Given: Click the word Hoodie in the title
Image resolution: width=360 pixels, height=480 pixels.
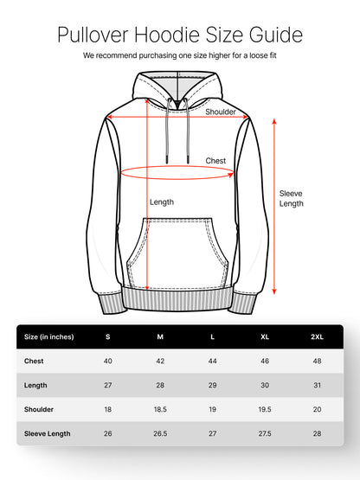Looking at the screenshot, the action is pos(167,35).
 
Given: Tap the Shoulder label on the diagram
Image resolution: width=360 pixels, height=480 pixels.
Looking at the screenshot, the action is pos(221,112).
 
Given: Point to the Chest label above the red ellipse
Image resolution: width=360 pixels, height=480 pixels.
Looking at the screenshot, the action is pos(215,161).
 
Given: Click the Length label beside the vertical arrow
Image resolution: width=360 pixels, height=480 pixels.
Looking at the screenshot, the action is pos(162,202).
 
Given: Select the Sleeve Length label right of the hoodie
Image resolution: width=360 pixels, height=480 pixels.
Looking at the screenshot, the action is pos(291,198).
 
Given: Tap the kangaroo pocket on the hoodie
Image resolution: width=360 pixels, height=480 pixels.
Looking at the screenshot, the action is pos(177,253).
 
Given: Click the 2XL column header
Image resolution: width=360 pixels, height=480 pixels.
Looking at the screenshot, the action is pos(317,336).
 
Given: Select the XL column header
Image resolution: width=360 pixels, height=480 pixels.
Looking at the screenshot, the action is pos(265,336).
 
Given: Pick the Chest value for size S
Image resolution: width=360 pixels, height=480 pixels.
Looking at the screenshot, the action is pos(108,361).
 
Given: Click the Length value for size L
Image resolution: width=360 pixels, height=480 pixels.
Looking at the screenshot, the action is pos(212,385).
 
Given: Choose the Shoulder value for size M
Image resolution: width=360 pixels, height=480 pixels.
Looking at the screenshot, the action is pos(160,409).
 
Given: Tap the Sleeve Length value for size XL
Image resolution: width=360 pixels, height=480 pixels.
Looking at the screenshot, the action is pos(265,433).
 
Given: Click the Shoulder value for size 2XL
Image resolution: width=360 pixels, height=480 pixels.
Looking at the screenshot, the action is pos(317,409).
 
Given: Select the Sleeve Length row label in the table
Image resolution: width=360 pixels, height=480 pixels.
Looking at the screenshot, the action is pos(48,434).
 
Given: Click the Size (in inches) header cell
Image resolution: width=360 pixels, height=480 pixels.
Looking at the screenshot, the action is pos(49,336).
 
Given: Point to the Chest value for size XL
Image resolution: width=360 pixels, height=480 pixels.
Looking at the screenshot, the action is pos(265,361).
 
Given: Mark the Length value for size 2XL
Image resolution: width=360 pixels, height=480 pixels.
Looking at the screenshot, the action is pos(317,385).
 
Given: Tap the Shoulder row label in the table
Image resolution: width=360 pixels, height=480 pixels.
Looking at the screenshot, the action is pos(39,409).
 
